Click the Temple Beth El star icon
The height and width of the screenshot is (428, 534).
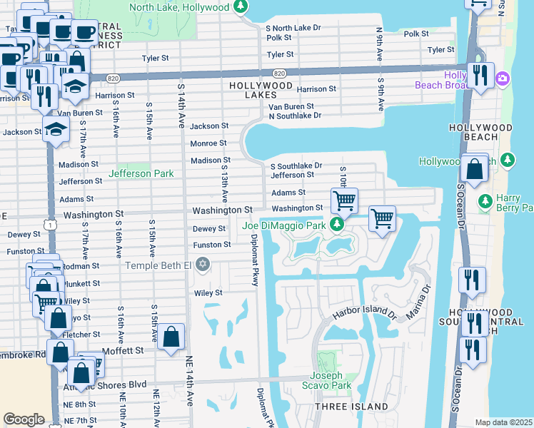pyautogui.click(x=203, y=265)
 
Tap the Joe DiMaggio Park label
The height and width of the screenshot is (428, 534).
pyautogui.click(x=283, y=226)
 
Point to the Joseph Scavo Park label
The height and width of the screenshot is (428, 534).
pyautogui.click(x=331, y=380)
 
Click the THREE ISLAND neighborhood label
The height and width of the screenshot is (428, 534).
pyautogui.click(x=352, y=407)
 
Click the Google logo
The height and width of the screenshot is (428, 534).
pyautogui.click(x=24, y=419)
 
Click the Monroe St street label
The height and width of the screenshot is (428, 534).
pyautogui.click(x=208, y=143)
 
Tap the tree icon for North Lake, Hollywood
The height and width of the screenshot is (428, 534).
pyautogui.click(x=241, y=7)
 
